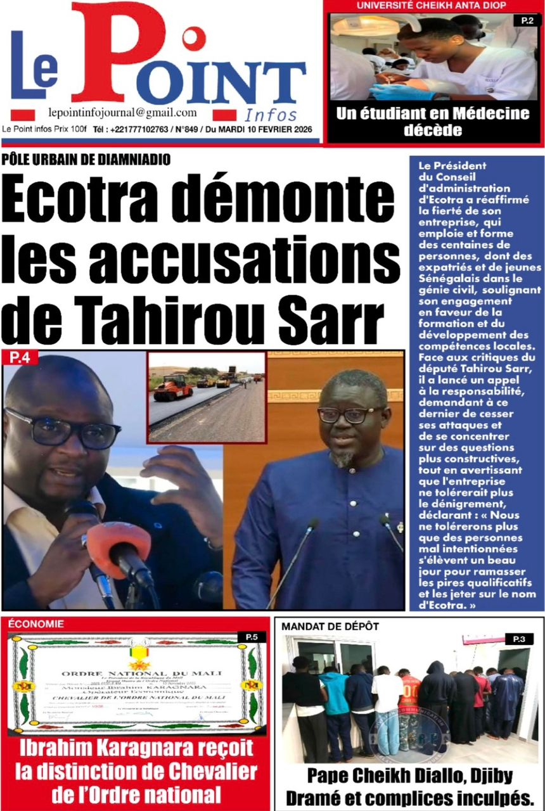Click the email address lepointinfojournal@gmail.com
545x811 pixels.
coord(122,113)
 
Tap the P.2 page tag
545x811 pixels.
coord(527,21)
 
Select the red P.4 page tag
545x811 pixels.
coord(20,358)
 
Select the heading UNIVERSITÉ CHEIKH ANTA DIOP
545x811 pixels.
coord(431,6)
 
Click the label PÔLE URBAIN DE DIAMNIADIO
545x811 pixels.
coord(86,160)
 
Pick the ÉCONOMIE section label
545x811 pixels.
coord(36,624)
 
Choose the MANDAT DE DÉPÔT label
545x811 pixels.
coord(330,627)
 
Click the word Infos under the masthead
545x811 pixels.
coord(271,115)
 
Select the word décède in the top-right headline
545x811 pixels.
coord(433,131)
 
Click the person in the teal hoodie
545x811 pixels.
coord(334,703)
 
